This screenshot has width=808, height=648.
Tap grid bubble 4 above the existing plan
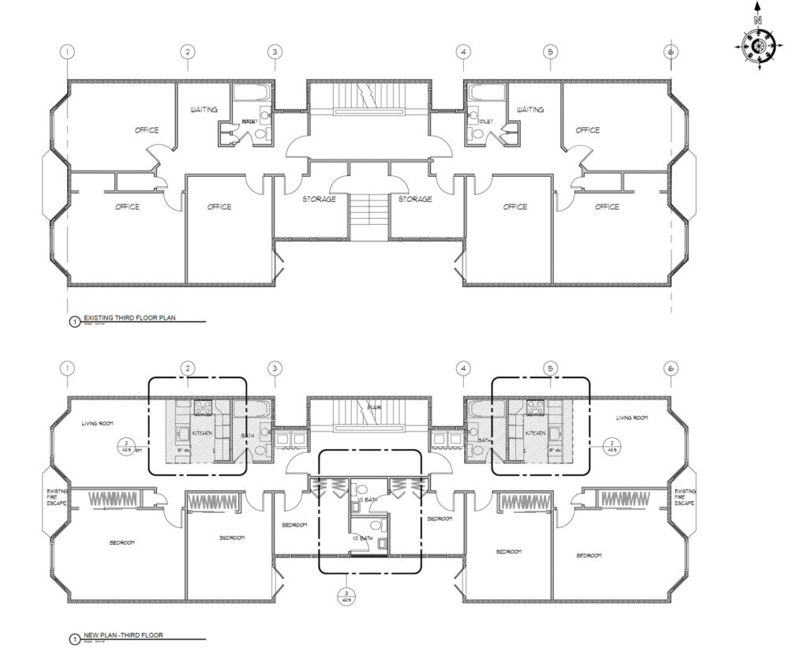[x=464, y=52]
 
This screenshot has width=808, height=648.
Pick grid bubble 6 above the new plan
[x=671, y=369]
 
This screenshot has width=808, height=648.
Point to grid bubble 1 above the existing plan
[x=69, y=52]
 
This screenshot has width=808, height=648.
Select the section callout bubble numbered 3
[x=344, y=595]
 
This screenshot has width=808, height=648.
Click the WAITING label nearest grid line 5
[x=529, y=110]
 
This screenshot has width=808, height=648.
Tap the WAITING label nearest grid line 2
[x=204, y=110]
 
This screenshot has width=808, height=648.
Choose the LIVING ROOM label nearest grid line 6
[x=632, y=418]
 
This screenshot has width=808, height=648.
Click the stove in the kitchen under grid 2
[x=200, y=408]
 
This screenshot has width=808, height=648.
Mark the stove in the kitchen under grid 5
[x=537, y=408]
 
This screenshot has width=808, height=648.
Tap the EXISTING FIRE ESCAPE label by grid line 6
[x=685, y=496]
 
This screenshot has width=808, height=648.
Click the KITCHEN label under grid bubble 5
[x=537, y=434]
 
